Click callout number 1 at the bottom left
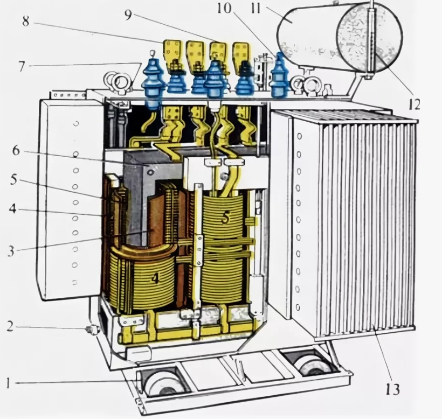(9, 384)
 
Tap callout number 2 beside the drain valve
(10, 326)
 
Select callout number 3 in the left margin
(11, 251)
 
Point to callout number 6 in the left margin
(16, 151)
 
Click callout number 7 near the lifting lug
(22, 67)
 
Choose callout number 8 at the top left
(26, 21)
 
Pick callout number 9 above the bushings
(128, 15)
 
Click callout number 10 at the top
(224, 8)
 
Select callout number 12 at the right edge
(413, 104)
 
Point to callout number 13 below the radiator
(393, 390)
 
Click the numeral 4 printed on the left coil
(155, 278)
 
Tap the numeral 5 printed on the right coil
(225, 217)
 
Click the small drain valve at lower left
(92, 330)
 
